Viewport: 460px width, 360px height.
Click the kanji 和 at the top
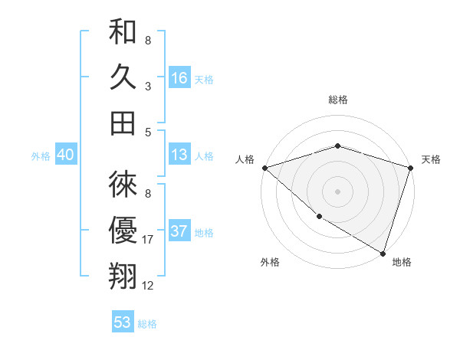click(x=123, y=32)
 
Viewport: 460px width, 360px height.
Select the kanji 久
click(x=123, y=77)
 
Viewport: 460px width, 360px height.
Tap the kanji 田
click(x=123, y=123)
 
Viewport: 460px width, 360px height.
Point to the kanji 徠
click(x=123, y=185)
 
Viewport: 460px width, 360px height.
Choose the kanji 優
click(x=123, y=230)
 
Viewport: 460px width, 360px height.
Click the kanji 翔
click(x=123, y=275)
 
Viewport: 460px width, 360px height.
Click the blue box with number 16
click(x=179, y=77)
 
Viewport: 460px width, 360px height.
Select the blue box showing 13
click(x=179, y=155)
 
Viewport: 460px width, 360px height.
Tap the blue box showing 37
click(x=179, y=231)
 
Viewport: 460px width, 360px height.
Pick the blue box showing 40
click(x=65, y=155)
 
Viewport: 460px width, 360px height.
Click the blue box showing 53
click(x=123, y=322)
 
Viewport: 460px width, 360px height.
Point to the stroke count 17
click(x=148, y=241)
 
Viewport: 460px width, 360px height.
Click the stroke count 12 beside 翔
click(x=148, y=286)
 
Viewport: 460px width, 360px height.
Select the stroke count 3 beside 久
click(x=148, y=87)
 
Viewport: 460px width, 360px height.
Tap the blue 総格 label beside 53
click(x=147, y=324)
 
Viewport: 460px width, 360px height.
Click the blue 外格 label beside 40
click(x=41, y=156)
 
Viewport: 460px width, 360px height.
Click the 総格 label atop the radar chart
click(x=337, y=100)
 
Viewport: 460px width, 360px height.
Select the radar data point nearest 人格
click(x=264, y=168)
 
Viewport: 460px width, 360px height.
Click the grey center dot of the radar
click(x=337, y=191)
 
